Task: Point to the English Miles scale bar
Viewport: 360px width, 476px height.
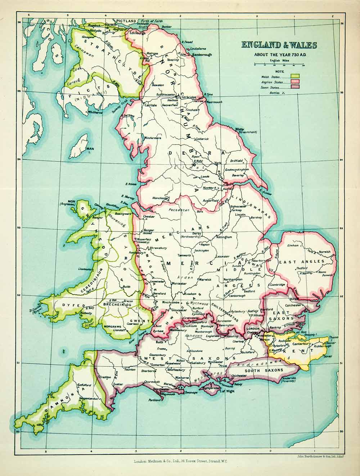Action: tap(279, 64)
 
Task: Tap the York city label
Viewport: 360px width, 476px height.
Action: tap(217, 163)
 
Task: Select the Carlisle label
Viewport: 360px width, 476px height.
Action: tap(150, 105)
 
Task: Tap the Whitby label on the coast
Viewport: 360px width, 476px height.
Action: tap(239, 129)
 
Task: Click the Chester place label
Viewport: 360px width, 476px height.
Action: tap(149, 217)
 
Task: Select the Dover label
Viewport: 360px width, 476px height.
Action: tap(327, 356)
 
